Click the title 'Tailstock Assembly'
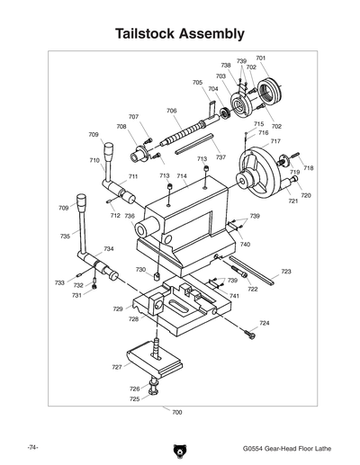(180, 34)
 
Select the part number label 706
(171, 111)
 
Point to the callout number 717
(275, 141)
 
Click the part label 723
(286, 271)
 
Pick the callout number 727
(117, 367)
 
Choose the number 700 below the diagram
(176, 412)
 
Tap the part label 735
(65, 237)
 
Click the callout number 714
(182, 176)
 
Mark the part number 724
(264, 323)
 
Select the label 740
(245, 245)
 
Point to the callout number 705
(197, 83)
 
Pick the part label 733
(59, 282)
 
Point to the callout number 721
(292, 201)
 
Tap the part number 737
(220, 156)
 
